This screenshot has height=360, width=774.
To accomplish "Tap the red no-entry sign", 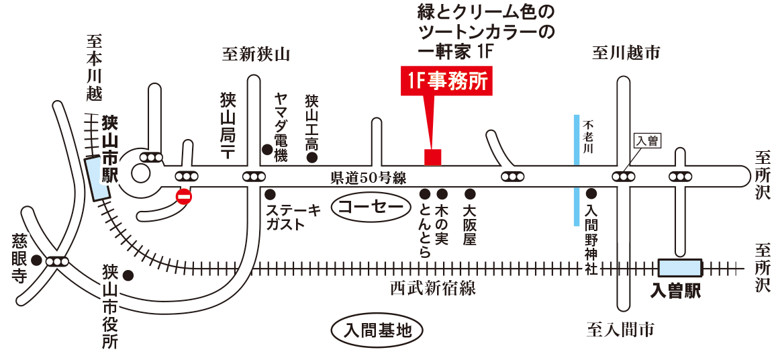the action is tap(184, 197).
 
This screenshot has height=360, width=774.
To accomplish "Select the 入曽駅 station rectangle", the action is tap(680, 268).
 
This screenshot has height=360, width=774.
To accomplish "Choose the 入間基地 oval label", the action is tap(377, 330).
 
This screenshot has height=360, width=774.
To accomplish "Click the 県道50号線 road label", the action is tap(369, 179).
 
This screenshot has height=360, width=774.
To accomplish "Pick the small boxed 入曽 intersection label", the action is tap(647, 141).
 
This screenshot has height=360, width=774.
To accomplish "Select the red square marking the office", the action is tap(433, 156).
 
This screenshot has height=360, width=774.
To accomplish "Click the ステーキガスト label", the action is tap(293, 218).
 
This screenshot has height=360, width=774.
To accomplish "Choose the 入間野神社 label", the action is tap(591, 240).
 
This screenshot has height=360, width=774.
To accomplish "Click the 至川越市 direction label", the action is tap(626, 53).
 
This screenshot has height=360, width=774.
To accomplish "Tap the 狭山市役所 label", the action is tap(109, 306).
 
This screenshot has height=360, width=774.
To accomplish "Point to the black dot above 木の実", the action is tap(442, 193).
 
